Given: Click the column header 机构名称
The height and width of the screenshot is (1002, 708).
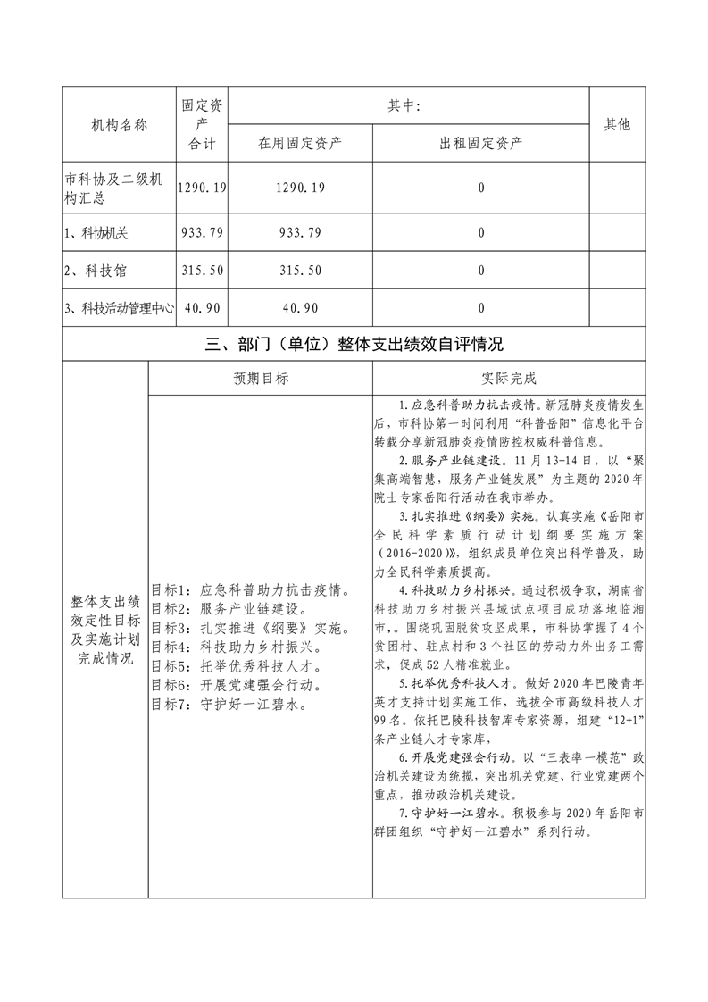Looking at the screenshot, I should (x=119, y=125).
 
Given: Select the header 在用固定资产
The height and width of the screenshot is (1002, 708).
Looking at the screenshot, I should (x=300, y=143).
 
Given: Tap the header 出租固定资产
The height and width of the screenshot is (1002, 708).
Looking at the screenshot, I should (x=481, y=143).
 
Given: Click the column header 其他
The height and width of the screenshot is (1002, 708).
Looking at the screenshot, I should (x=617, y=125).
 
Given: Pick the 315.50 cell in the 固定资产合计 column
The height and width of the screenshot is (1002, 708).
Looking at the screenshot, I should (x=203, y=271).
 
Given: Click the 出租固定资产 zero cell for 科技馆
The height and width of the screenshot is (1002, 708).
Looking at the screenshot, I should (x=481, y=271).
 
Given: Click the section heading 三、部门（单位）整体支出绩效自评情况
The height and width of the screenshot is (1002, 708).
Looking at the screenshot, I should (x=354, y=345).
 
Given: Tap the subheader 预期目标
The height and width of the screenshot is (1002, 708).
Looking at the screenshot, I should (x=260, y=379).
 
